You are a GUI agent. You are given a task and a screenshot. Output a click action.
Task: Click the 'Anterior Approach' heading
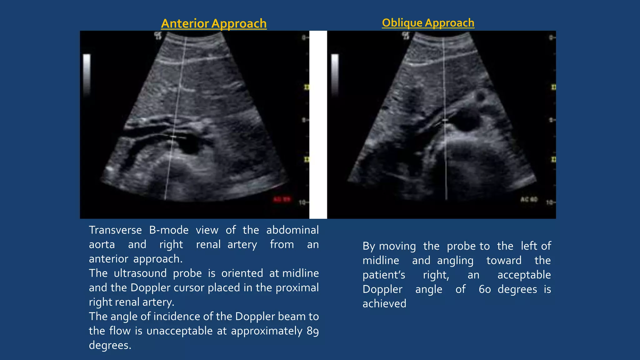(214, 24)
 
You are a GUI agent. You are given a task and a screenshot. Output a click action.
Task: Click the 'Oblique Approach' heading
(428, 23)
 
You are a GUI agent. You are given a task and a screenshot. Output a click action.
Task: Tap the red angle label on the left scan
(282, 199)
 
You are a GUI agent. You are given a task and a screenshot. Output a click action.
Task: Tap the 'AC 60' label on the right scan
(529, 199)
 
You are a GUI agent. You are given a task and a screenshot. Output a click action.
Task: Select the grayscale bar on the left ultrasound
(87, 75)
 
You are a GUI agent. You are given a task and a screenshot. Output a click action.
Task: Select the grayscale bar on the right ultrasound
(335, 75)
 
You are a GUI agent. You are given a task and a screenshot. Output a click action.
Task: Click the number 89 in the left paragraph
(312, 331)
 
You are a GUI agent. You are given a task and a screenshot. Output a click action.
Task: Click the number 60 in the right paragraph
(485, 289)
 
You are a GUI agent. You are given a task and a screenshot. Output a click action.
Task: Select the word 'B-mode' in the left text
(169, 230)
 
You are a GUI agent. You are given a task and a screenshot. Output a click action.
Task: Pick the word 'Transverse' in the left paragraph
(115, 230)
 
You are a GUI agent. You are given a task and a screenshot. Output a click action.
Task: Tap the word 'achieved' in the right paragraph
(384, 304)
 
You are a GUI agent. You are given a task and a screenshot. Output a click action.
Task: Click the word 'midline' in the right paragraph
(381, 261)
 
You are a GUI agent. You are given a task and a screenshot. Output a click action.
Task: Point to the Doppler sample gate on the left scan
(174, 137)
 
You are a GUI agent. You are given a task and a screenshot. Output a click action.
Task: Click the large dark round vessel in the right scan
(466, 120)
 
